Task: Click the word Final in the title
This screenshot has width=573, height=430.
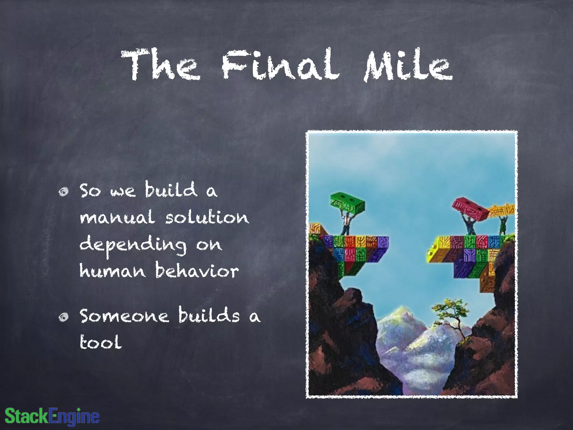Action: pyautogui.click(x=281, y=65)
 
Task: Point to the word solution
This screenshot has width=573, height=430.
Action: pyautogui.click(x=207, y=217)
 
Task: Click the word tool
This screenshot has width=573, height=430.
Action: pyautogui.click(x=101, y=342)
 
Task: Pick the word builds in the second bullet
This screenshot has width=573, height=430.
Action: pyautogui.click(x=209, y=315)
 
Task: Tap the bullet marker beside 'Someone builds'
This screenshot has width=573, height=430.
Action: pyautogui.click(x=64, y=317)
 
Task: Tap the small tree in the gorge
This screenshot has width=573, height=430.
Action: pyautogui.click(x=451, y=314)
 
